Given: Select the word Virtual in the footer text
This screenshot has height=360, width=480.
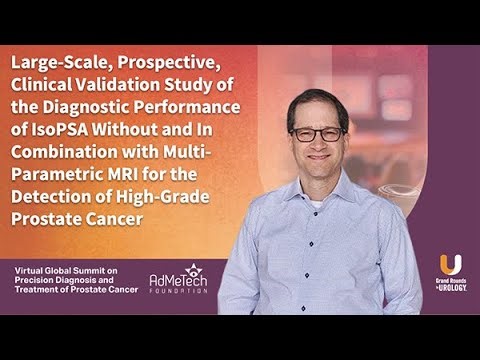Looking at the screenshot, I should point(32,271).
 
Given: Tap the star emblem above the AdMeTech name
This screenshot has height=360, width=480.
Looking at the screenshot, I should point(192,268).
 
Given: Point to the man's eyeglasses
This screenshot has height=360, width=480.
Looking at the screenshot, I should point(317,134).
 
